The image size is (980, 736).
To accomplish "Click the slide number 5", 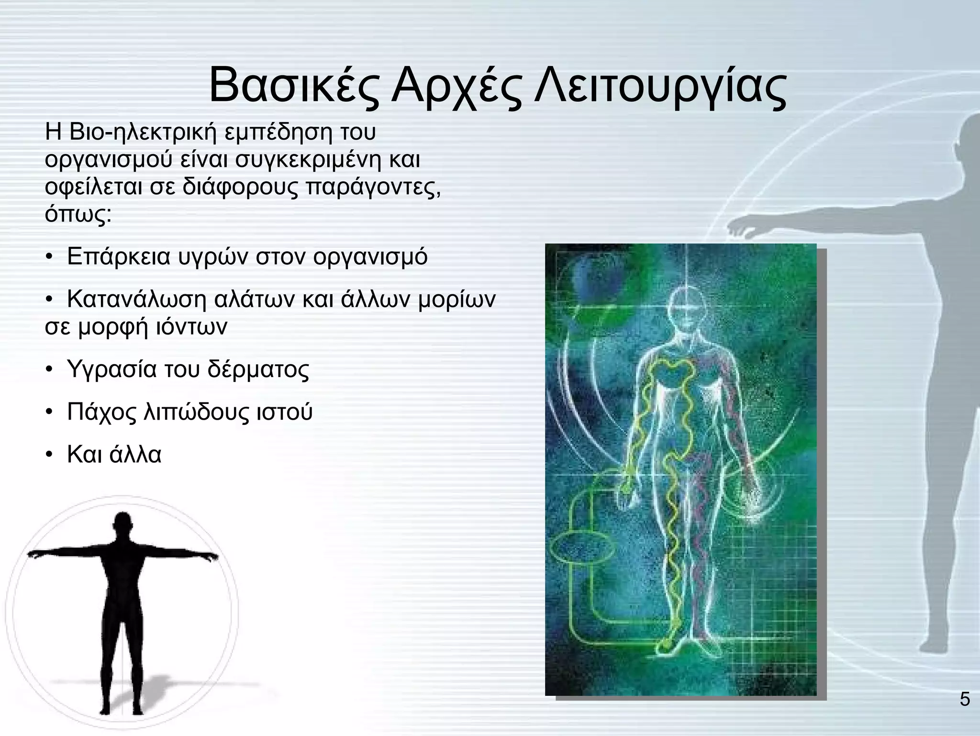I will [x=965, y=700].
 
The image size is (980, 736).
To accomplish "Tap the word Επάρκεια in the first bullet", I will [x=119, y=257].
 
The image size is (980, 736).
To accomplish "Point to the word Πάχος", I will [x=102, y=412].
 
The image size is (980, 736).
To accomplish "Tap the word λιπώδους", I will [x=196, y=412].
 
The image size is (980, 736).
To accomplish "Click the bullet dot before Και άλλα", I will [x=49, y=455].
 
